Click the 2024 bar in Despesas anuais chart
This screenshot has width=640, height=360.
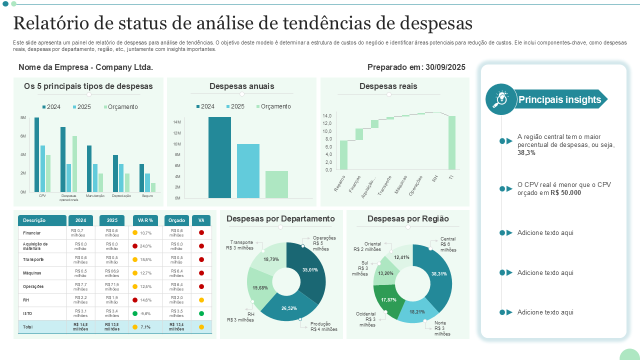coord(219,157)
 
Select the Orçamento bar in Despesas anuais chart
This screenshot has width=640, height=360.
coord(276,184)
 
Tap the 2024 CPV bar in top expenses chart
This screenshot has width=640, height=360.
coord(36,155)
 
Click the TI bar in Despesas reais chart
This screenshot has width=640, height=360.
coord(452,143)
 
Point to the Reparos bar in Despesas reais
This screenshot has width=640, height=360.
coord(343,155)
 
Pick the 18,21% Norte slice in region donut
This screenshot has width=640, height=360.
coord(416,311)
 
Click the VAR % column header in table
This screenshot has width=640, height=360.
coord(145,220)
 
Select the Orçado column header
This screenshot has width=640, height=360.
coord(176,220)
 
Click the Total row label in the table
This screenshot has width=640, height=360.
coord(27,327)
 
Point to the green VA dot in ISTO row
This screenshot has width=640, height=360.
coord(201,313)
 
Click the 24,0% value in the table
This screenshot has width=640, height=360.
coord(145,246)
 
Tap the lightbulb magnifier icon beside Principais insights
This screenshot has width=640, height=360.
coord(501,99)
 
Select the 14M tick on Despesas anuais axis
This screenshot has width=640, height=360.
coord(177,122)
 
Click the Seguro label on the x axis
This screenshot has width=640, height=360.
coord(147,196)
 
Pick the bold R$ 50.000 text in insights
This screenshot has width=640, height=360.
coord(565,192)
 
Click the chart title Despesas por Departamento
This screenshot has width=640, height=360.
coord(280,219)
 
